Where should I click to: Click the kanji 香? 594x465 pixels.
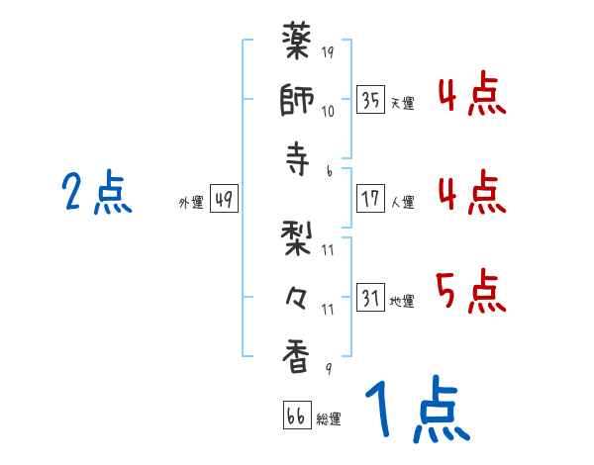click(x=298, y=355)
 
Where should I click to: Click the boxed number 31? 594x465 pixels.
click(x=371, y=299)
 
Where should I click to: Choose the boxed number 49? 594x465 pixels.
click(x=223, y=200)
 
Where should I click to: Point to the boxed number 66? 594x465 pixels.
click(x=296, y=416)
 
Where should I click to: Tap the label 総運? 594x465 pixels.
click(x=329, y=418)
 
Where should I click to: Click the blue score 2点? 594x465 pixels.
click(x=96, y=193)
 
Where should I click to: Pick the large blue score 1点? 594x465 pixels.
click(x=415, y=412)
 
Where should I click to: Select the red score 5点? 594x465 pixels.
click(x=470, y=291)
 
